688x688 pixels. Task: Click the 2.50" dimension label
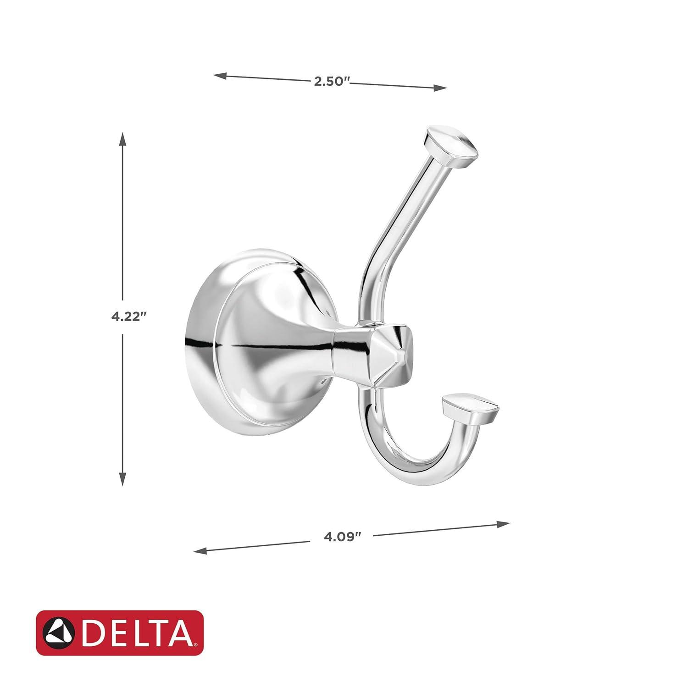332,82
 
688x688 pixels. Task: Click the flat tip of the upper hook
452,146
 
